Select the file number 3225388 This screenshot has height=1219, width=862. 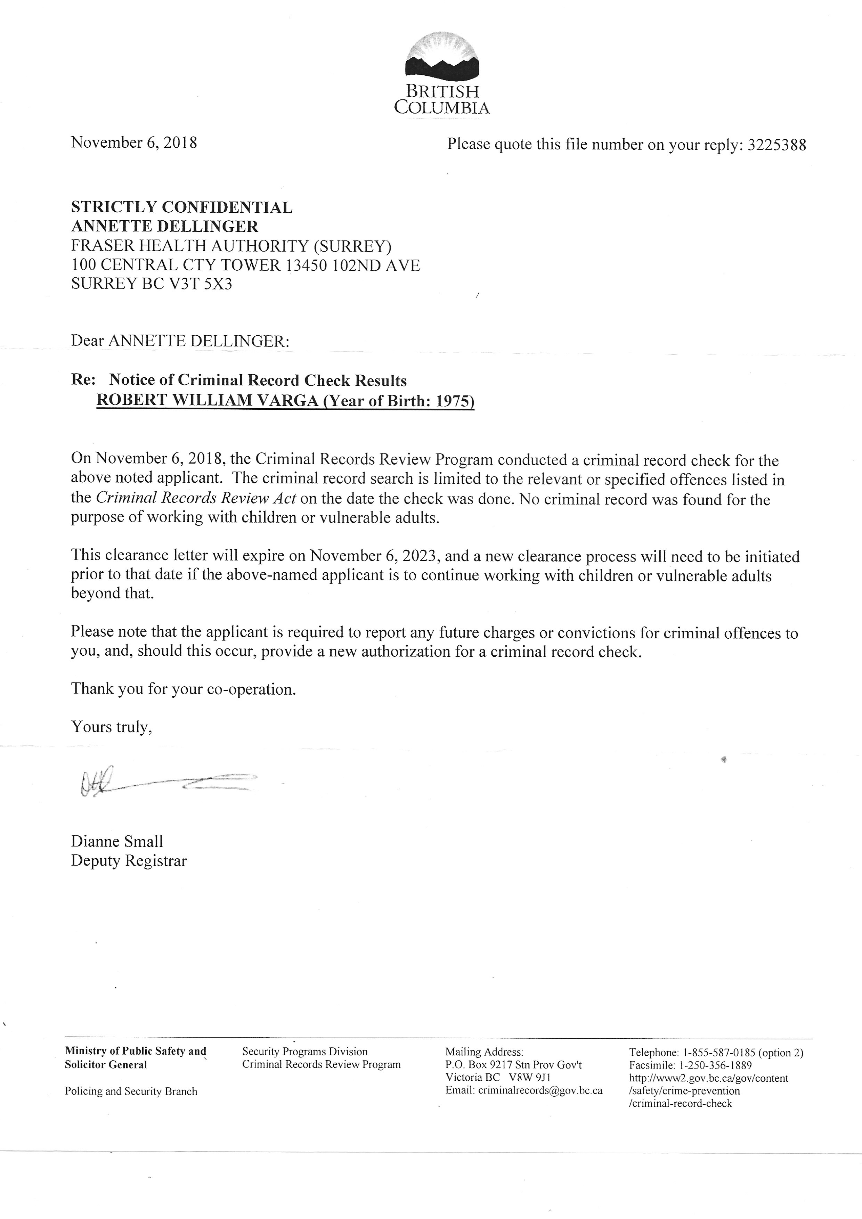(x=776, y=145)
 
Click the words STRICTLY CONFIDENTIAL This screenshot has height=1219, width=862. (x=182, y=207)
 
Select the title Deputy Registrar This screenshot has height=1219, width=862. (x=129, y=860)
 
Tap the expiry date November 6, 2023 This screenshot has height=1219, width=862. (x=374, y=556)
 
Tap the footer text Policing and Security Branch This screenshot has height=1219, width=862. (x=131, y=1091)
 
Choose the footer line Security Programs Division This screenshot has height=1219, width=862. (x=305, y=1052)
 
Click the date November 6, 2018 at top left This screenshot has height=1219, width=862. (x=134, y=143)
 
